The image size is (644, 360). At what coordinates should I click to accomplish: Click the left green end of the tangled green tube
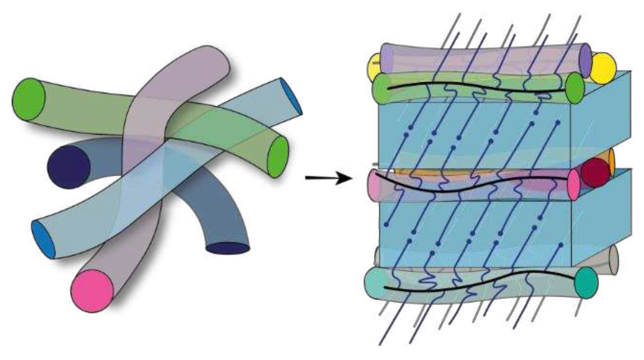pyautogui.click(x=29, y=100)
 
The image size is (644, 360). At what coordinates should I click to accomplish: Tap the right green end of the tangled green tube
pyautogui.click(x=278, y=157)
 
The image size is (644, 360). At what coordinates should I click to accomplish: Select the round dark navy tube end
pyautogui.click(x=69, y=167)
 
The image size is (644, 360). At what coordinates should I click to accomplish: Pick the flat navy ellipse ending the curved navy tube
pyautogui.click(x=228, y=248)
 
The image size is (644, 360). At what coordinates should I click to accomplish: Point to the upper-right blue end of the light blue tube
pyautogui.click(x=291, y=96)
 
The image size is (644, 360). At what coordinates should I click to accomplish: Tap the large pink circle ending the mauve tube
pyautogui.click(x=92, y=290)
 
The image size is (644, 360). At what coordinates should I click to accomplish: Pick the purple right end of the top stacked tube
pyautogui.click(x=585, y=60)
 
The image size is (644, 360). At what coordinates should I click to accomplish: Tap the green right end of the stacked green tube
pyautogui.click(x=575, y=88)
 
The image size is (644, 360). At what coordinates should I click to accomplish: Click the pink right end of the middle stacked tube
pyautogui.click(x=574, y=184)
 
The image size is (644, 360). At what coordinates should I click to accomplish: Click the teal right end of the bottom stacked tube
pyautogui.click(x=586, y=283)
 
